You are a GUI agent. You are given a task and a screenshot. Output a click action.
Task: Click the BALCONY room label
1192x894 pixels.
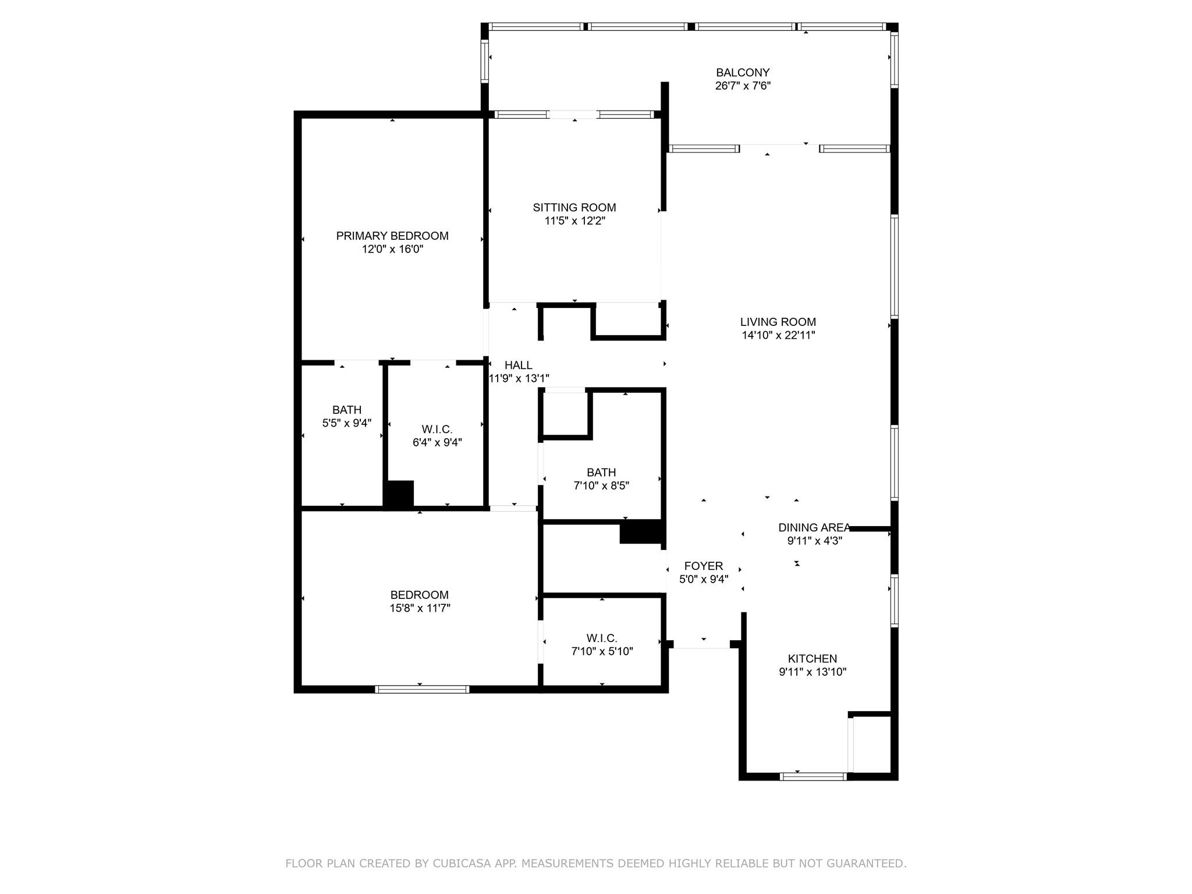coord(743,73)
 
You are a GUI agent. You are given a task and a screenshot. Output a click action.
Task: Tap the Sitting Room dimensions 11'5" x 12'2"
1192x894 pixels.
coord(575,221)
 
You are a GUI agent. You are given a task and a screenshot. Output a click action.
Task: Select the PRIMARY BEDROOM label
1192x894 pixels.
coord(392,236)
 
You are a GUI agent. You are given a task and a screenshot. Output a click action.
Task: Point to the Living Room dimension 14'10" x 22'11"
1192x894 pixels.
coord(778,335)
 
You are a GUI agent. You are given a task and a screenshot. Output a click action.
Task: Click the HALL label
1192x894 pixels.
coord(518,365)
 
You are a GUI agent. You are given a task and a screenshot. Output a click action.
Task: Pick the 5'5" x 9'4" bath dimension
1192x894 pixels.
coord(347,423)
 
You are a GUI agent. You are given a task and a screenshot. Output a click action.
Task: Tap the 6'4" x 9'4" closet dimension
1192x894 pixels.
coord(437,442)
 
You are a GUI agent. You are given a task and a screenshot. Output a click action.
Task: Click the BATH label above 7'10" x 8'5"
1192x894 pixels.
coord(601,473)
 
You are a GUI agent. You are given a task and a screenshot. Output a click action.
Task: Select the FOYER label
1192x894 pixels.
coord(704,566)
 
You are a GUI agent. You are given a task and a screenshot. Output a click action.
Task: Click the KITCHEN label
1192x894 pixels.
coord(813,659)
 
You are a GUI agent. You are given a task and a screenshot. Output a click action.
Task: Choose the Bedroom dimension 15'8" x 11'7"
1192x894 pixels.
coord(420,608)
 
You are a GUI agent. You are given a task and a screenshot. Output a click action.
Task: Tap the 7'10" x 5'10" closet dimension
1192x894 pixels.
coord(602,651)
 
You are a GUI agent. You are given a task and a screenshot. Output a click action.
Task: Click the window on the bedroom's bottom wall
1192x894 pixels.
coord(422,690)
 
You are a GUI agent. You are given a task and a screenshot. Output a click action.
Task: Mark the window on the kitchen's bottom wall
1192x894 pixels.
coord(813,776)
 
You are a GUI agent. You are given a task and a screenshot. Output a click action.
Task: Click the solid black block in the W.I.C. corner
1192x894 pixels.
coord(399,494)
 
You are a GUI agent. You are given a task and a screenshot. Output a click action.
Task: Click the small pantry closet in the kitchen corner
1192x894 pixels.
coord(872,744)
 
